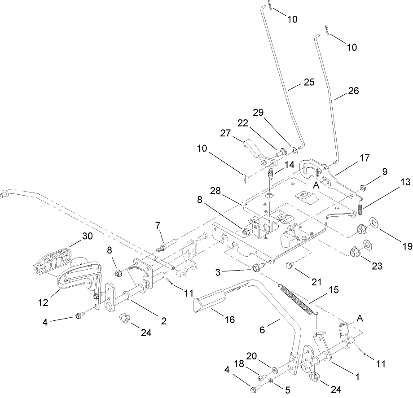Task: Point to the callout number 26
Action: coord(353,90)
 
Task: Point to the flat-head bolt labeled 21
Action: coord(290,267)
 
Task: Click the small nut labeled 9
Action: coord(362,187)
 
